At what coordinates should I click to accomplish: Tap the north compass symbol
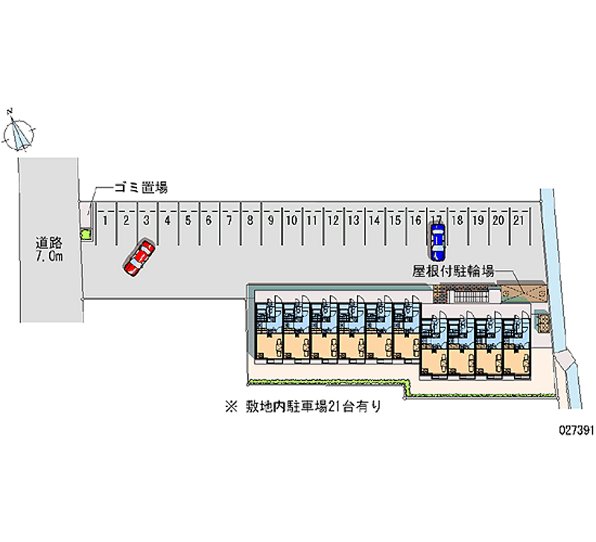19,132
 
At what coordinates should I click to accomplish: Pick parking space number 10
293,221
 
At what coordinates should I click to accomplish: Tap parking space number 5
188,221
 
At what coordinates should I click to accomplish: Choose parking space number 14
375,221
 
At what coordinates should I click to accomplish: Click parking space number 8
251,221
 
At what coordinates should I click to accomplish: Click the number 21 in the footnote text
332,408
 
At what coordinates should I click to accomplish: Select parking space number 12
334,221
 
